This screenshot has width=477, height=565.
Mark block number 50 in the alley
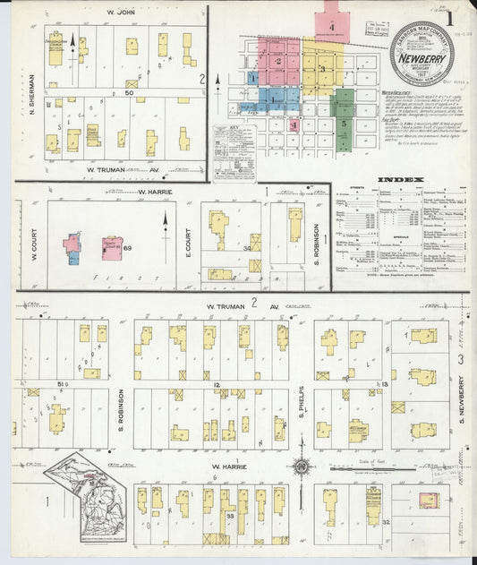(131, 92)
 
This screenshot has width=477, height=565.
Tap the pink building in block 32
(429, 500)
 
